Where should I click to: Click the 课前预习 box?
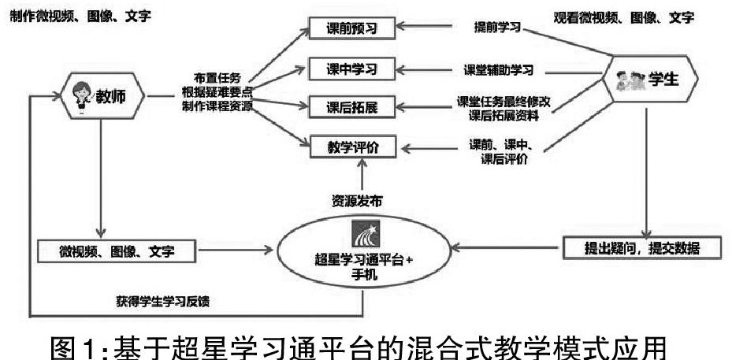click(351, 30)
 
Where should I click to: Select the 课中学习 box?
click(351, 69)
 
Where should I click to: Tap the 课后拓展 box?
click(351, 107)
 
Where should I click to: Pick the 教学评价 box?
click(351, 147)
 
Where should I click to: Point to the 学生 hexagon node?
click(645, 80)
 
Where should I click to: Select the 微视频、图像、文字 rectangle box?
click(117, 251)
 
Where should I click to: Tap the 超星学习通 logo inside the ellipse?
click(364, 234)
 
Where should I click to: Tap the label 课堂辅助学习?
click(496, 69)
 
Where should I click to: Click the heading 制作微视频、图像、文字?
click(81, 13)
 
